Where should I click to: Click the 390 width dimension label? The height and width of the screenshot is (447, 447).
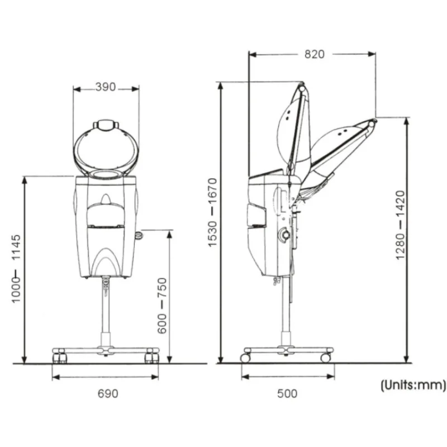point(106,87)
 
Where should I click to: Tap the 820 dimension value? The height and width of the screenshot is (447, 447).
point(315,54)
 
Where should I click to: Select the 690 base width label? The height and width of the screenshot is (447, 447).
point(108,394)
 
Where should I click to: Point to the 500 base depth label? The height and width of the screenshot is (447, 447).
point(287,394)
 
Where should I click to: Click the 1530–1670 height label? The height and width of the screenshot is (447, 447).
point(213,212)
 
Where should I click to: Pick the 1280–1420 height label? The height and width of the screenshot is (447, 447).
point(400,225)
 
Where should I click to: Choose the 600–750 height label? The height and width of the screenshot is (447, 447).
point(162,305)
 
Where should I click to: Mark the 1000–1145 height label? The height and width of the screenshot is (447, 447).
point(16,269)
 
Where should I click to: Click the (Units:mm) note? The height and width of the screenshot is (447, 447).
point(413,385)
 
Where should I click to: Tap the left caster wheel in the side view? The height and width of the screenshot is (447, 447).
point(245,358)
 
